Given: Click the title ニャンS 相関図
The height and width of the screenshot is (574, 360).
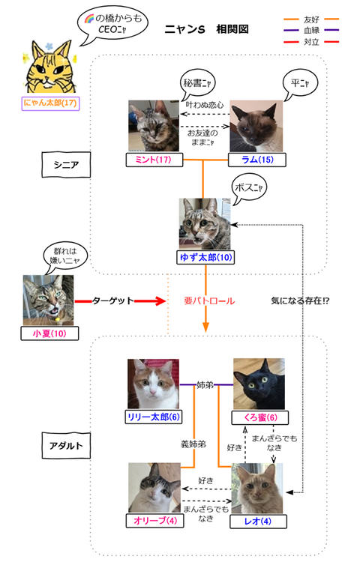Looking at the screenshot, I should (206, 29).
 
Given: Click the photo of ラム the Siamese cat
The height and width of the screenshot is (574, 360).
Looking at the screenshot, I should (255, 127).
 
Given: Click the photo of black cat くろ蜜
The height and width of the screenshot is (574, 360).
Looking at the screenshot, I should (258, 384).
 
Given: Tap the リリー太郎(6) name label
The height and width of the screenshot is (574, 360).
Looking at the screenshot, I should (153, 417).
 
